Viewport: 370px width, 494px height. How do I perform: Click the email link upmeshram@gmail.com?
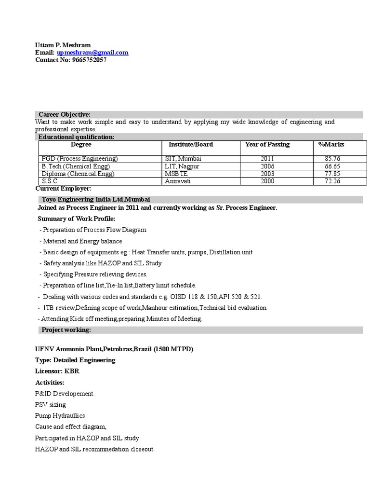pos(92,53)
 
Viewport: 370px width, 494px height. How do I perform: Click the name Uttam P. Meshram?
pos(63,45)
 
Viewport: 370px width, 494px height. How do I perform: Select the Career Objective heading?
pos(65,114)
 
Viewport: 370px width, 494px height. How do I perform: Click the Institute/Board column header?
pos(191,144)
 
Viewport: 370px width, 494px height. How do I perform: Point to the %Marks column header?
pos(331,144)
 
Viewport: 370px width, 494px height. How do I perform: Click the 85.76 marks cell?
pos(332,159)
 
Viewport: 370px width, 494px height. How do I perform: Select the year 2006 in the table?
pos(267,166)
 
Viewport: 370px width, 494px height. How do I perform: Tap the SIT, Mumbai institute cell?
pos(183,159)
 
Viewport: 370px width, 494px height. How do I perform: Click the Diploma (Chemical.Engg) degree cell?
pos(78,174)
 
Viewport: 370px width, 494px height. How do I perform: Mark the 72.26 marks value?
pos(332,181)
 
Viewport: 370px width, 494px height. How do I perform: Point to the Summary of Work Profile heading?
pos(77,219)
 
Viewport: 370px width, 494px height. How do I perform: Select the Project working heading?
pos(66,330)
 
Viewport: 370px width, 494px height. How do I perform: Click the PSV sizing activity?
pos(51,405)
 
